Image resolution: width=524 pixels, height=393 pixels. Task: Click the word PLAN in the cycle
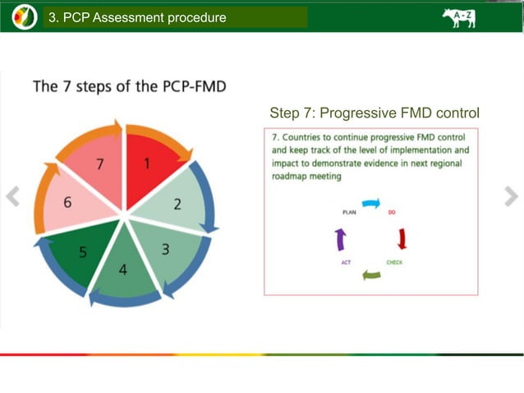click(x=348, y=212)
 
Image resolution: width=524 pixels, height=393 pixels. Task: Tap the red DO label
click(x=392, y=212)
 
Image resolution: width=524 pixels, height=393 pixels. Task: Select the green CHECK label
click(x=394, y=262)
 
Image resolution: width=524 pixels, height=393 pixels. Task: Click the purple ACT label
click(x=347, y=262)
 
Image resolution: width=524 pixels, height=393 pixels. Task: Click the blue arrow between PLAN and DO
click(x=371, y=203)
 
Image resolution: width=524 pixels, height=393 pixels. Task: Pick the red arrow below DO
click(x=402, y=238)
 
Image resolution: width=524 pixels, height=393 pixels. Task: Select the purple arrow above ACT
click(x=341, y=239)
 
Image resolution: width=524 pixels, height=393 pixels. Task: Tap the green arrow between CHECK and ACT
click(x=371, y=275)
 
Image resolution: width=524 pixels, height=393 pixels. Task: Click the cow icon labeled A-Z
click(x=458, y=17)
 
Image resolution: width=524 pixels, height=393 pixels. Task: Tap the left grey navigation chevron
click(x=12, y=196)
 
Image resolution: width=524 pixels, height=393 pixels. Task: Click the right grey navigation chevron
click(x=511, y=196)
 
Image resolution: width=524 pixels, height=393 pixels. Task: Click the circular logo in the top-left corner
click(x=24, y=16)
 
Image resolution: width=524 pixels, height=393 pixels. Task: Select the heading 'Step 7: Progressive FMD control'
click(x=374, y=113)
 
